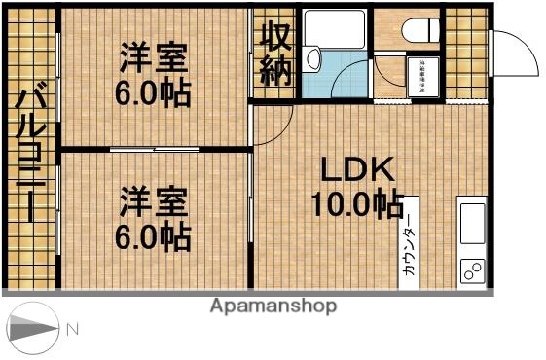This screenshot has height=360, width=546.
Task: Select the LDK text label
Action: (x=358, y=171)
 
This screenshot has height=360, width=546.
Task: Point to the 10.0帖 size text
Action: (x=357, y=205)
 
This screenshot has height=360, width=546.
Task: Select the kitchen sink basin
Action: (x=471, y=222)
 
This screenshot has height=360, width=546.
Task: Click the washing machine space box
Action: (x=425, y=75)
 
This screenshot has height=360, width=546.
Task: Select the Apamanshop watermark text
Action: (x=273, y=306)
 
